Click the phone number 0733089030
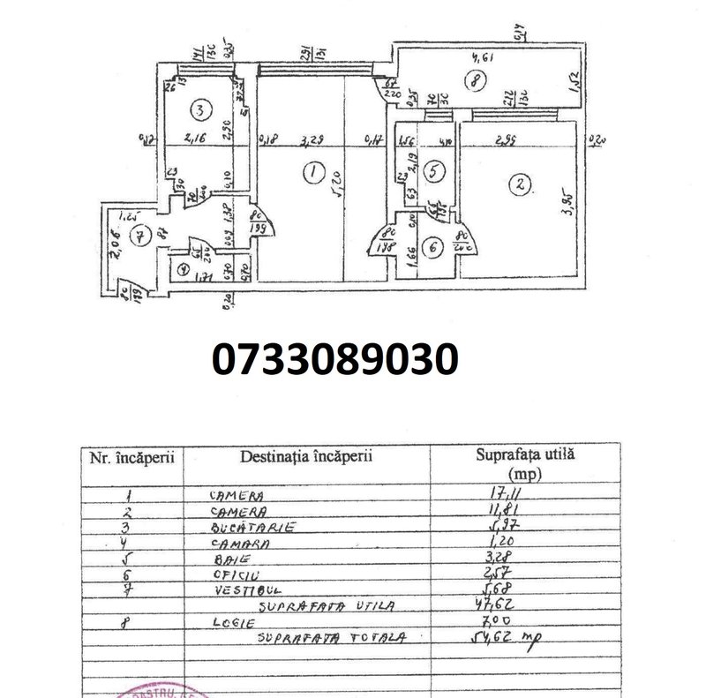tap(335, 361)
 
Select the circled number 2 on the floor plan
tap(522, 184)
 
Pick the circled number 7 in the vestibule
tap(137, 236)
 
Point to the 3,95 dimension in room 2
tap(570, 211)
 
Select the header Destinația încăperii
tap(306, 458)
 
